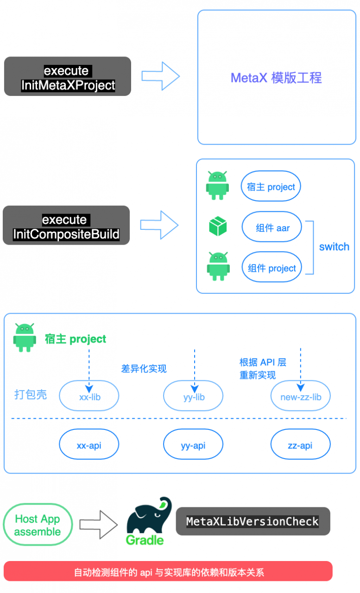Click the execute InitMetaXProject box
[x=68, y=76]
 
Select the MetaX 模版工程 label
[x=276, y=78]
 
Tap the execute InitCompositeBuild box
[x=66, y=226]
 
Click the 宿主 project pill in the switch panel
[x=271, y=187]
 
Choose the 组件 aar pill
[x=272, y=227]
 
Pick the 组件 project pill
[x=272, y=268]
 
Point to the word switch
[x=334, y=247]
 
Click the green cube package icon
[x=218, y=227]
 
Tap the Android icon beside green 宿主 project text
[x=25, y=337]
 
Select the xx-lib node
[x=89, y=397]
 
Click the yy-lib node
[x=193, y=397]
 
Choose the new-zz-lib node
[x=300, y=397]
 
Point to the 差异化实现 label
[x=144, y=369]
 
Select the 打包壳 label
[x=31, y=395]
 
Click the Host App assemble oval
[x=38, y=525]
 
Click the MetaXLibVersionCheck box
[x=253, y=521]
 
